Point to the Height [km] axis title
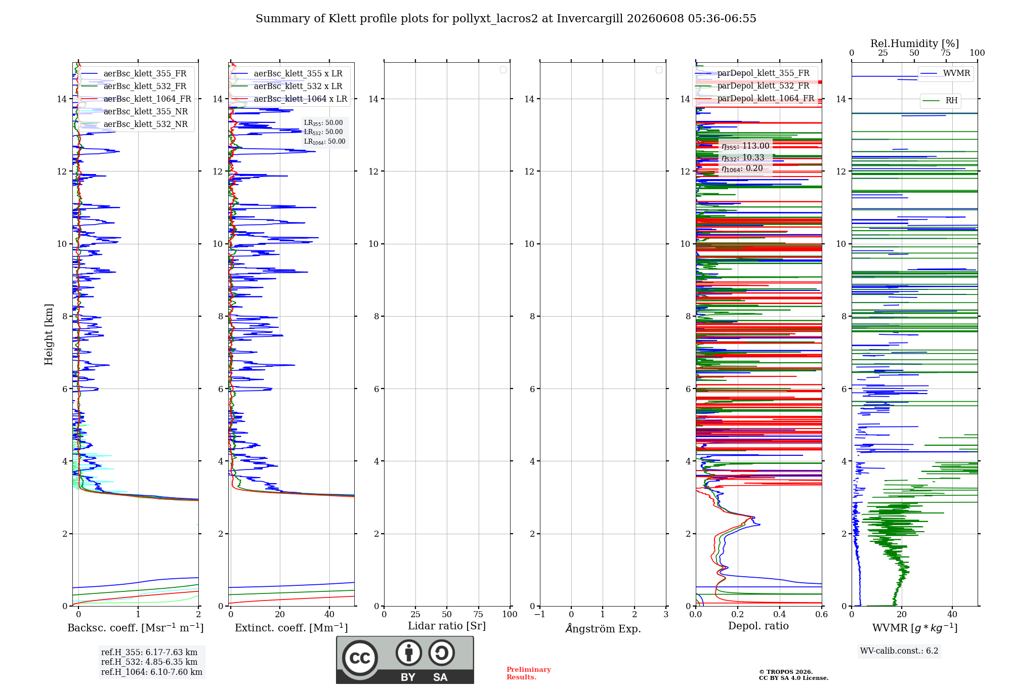point(49,334)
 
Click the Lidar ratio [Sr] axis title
point(447,626)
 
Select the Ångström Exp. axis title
point(603,628)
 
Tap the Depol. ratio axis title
point(758,626)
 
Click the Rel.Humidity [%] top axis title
point(915,44)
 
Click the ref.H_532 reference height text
point(149,662)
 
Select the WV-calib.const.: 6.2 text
point(899,651)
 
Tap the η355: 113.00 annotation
point(745,146)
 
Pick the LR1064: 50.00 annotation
point(324,142)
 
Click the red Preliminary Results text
point(529,673)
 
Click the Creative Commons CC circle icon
point(360,658)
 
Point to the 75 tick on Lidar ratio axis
point(478,614)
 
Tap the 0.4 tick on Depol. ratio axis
point(780,614)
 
